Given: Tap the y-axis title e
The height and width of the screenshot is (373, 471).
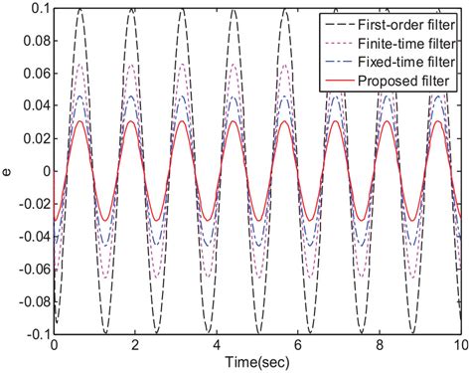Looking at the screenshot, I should coord(8,172).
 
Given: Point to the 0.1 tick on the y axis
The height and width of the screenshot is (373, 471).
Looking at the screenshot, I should coord(37,9).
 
